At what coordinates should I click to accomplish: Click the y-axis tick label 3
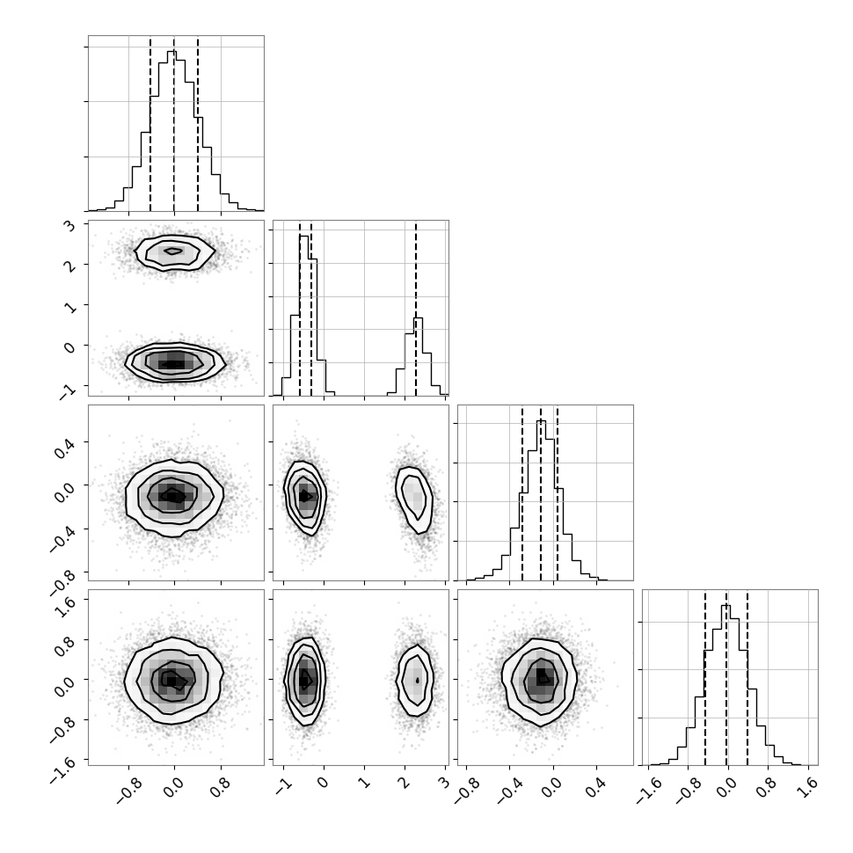tap(71, 225)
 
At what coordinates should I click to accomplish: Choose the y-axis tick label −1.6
tap(62, 768)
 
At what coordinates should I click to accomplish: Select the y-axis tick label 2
tap(71, 266)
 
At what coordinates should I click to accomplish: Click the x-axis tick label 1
tap(363, 784)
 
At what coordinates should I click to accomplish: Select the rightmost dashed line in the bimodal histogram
tap(416, 308)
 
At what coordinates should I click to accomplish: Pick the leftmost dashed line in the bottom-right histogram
tap(705, 677)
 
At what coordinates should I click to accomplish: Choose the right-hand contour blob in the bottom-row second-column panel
tap(416, 680)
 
